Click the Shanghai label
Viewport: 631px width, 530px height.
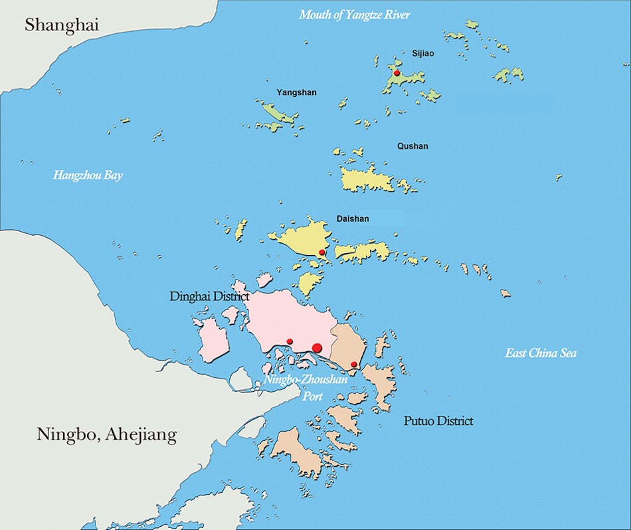[x=62, y=25]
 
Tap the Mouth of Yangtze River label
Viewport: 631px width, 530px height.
[x=354, y=15]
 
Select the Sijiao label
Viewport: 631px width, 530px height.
[x=422, y=53]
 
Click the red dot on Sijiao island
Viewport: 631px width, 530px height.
[x=397, y=73]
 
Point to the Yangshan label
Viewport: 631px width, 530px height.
[x=296, y=93]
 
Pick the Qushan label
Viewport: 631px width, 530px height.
[x=414, y=146]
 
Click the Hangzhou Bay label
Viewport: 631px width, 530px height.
[x=88, y=176]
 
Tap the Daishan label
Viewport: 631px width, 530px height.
[x=353, y=219]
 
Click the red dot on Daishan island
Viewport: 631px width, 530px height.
[x=322, y=252]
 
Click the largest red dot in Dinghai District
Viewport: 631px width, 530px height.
[x=317, y=347]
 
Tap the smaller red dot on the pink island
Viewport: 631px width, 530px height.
[x=290, y=341]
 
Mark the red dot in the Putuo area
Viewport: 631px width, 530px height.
[x=354, y=365]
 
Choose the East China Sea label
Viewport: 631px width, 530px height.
[x=541, y=353]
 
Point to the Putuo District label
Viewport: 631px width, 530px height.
[x=438, y=421]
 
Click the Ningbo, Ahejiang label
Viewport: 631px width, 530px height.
[x=106, y=436]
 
